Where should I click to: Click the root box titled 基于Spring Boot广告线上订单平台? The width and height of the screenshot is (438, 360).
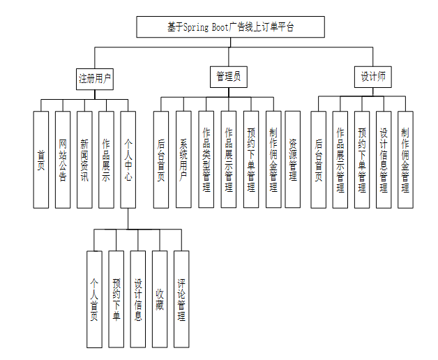coord(230,27)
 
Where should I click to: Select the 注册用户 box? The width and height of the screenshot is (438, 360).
coord(95,77)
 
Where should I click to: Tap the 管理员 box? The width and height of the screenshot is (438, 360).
coord(228,77)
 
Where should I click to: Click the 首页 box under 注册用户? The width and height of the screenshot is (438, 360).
coord(41,159)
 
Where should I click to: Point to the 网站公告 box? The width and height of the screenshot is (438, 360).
coord(63,159)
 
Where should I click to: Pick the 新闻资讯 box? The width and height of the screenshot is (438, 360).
coord(84,159)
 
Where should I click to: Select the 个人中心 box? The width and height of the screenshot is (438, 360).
coord(128,159)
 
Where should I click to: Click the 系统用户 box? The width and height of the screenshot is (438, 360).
coord(183,159)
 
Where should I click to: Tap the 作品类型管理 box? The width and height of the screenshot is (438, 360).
coord(206,159)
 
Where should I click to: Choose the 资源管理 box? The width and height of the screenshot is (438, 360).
coord(293,159)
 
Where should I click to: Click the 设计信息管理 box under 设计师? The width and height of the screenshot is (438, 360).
coord(384,159)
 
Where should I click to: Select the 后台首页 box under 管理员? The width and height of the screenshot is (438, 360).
coord(161,159)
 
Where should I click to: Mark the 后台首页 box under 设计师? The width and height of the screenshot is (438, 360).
coord(318,159)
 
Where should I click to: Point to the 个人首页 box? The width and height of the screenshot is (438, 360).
coord(94,299)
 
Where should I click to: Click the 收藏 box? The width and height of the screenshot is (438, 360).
coord(160,299)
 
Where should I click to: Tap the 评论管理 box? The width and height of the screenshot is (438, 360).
coord(181,299)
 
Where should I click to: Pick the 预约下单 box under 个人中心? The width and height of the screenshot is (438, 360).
coord(116,299)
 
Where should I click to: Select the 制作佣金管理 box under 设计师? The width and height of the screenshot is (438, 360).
coord(405,159)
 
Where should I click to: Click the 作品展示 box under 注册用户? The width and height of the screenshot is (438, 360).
coord(106,159)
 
